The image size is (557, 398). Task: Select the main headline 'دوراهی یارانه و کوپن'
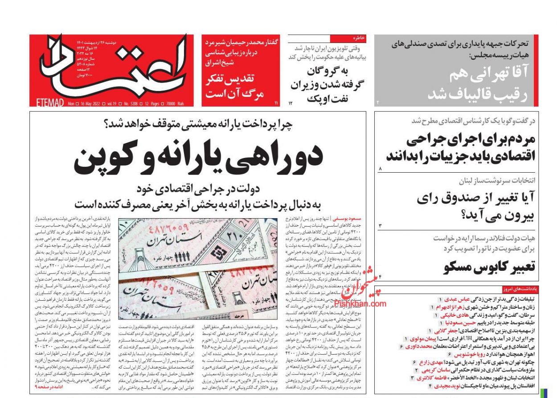[198, 160]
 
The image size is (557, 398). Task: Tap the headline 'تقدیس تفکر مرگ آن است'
[235, 87]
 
